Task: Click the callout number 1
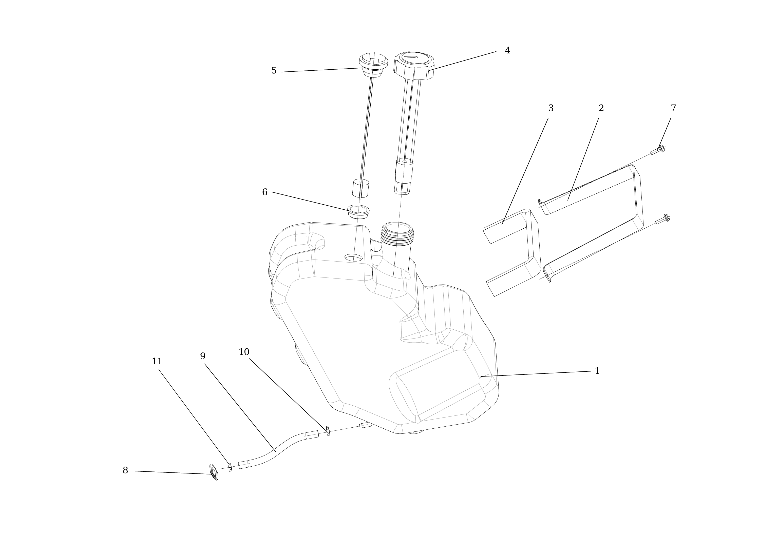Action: tap(597, 371)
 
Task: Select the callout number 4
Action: tap(507, 51)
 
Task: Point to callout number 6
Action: tap(264, 192)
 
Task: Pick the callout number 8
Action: tap(125, 470)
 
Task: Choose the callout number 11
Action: tap(157, 362)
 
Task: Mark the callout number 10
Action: tap(244, 352)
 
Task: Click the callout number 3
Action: tap(551, 108)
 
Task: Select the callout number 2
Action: tap(601, 108)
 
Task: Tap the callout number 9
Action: tap(203, 356)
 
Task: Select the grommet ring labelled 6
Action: tap(358, 211)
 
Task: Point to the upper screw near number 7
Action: tap(658, 150)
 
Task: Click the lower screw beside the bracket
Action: tap(662, 220)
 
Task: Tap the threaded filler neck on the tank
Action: tap(397, 233)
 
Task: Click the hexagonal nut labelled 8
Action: tap(214, 472)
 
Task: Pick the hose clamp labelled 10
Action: tap(328, 431)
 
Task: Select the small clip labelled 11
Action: tap(230, 467)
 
